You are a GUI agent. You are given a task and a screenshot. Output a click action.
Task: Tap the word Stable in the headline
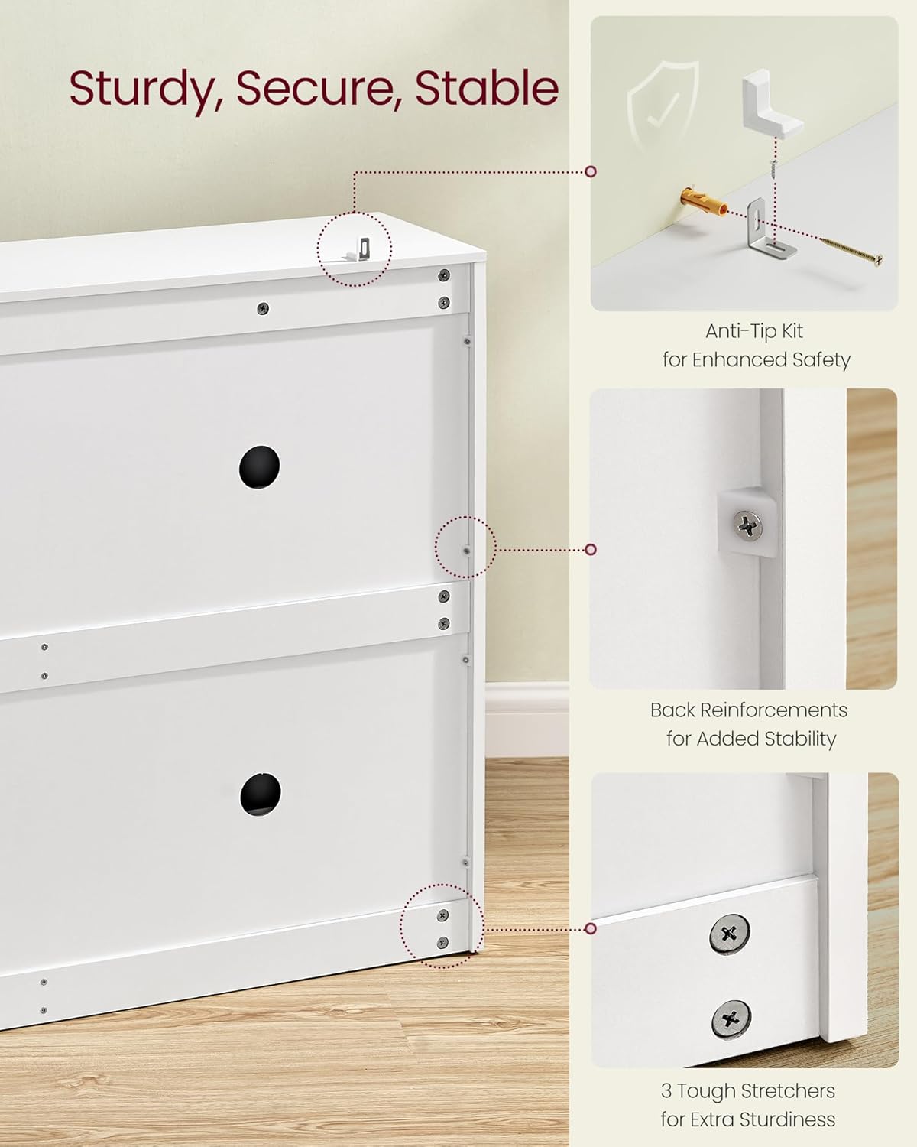(x=487, y=87)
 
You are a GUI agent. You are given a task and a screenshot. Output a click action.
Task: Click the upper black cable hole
(x=259, y=467)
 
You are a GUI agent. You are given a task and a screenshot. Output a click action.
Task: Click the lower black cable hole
(x=260, y=794)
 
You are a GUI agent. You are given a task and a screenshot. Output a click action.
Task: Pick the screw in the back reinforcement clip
(x=747, y=525)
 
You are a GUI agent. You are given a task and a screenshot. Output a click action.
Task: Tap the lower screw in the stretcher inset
(x=731, y=1019)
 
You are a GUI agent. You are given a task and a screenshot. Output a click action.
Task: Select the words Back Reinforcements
(x=749, y=710)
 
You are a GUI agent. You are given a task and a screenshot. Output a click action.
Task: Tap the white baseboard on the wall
(x=527, y=719)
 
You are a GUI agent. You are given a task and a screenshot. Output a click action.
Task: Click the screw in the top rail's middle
(x=263, y=309)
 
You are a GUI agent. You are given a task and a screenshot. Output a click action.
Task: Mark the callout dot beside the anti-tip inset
(x=591, y=171)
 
